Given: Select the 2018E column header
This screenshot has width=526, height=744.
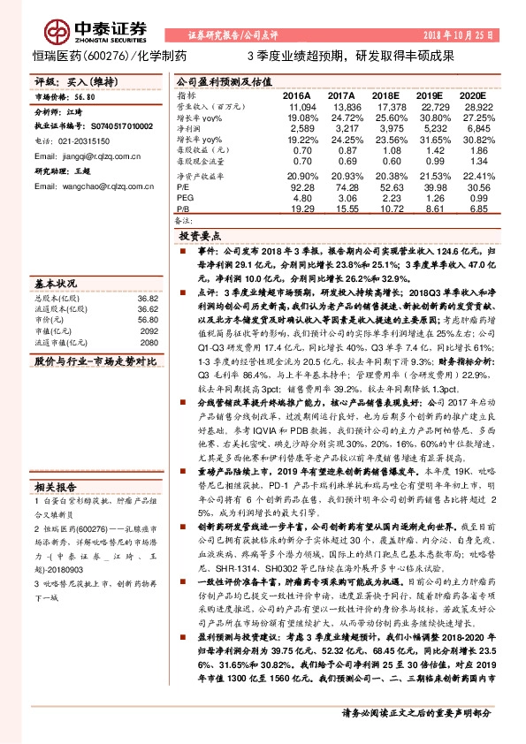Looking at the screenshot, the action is click(385, 95).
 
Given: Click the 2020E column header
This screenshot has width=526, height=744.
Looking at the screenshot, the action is click(473, 95).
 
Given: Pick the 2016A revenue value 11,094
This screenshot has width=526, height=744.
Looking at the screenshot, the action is click(299, 106).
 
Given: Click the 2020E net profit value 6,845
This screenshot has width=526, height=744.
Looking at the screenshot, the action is click(475, 129).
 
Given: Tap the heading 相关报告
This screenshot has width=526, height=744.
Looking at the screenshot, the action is click(56, 486).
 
